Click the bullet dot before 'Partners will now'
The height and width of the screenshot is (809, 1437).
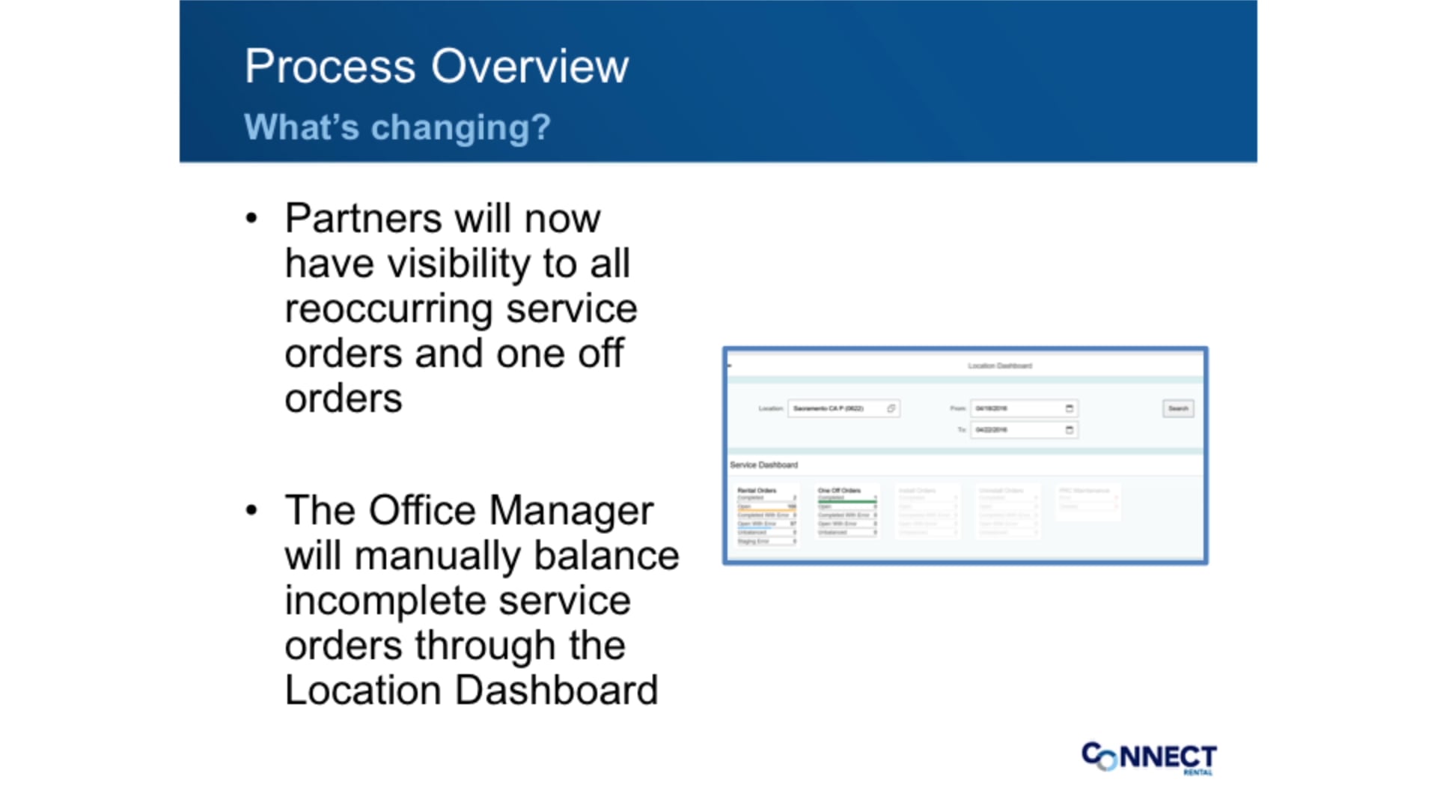click(251, 219)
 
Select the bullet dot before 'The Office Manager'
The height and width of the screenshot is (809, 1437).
click(251, 511)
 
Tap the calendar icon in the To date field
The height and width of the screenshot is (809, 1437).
click(1070, 430)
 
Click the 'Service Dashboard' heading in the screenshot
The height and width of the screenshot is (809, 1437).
click(763, 465)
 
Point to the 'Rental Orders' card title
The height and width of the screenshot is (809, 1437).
click(757, 491)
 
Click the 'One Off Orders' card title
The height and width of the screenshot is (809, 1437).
click(839, 491)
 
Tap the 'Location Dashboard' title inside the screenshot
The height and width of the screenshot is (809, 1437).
click(1000, 366)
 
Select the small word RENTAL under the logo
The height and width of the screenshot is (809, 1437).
click(1197, 772)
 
